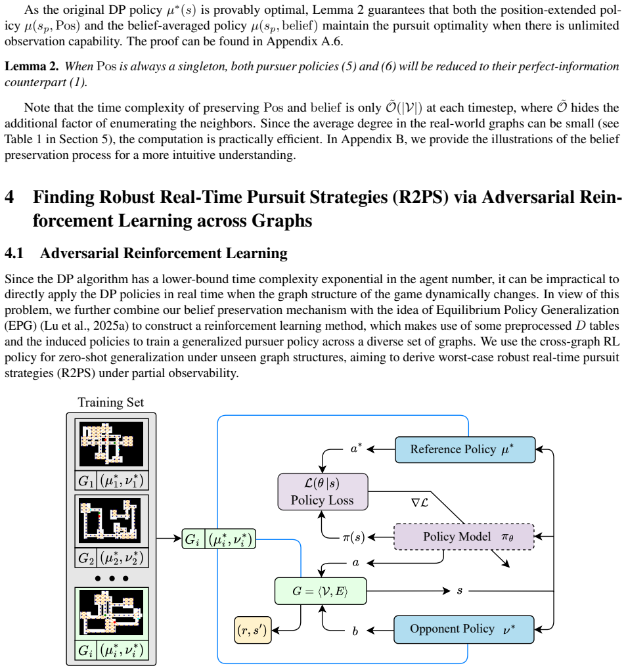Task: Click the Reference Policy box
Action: point(465,449)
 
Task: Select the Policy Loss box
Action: point(323,492)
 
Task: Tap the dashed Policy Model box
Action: point(464,537)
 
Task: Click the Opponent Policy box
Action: point(464,629)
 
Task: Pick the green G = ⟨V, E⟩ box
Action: point(321,591)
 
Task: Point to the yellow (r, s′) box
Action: point(252,631)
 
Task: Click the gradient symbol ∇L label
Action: point(420,502)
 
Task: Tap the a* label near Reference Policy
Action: point(356,448)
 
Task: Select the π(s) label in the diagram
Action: point(353,537)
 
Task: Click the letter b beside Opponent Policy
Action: point(355,631)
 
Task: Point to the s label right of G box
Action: point(460,591)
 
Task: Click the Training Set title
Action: point(110,403)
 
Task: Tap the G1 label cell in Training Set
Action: point(86,481)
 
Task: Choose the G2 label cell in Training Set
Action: point(86,558)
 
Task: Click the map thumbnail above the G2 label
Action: point(112,521)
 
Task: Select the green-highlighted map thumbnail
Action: point(112,614)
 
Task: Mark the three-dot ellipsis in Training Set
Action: point(112,579)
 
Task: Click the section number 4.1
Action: point(14,254)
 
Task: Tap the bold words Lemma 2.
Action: point(32,66)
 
